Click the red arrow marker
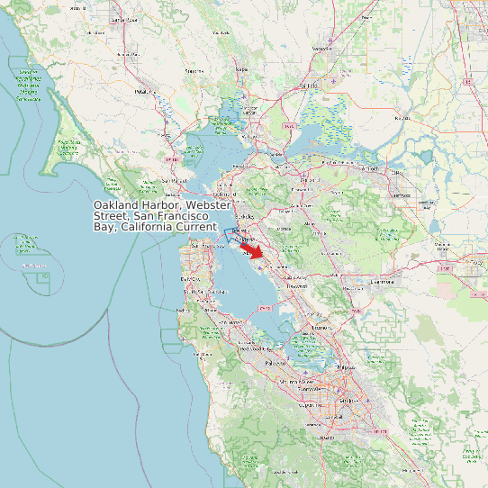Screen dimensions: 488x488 pos(256,252)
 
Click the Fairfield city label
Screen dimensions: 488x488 pos(308,86)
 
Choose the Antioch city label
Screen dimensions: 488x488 pos(366,168)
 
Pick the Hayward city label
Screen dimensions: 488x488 pos(296,285)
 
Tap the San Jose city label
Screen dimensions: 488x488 pos(345,397)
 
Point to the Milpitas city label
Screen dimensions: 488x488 pos(339,367)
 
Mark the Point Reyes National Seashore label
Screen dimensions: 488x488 pos(68,147)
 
